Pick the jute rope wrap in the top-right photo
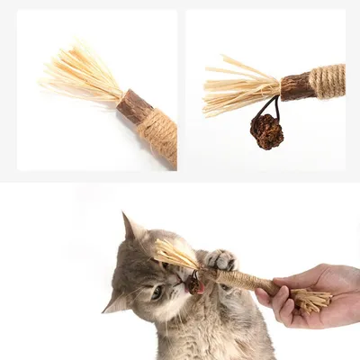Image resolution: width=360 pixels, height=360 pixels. [328, 81]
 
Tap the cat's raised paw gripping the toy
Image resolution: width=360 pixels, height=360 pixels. [219, 261]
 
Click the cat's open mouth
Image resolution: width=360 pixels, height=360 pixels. [192, 286]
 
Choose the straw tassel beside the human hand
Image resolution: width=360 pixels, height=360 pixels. [310, 301]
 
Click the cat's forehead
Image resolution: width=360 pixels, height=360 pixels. [144, 261]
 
